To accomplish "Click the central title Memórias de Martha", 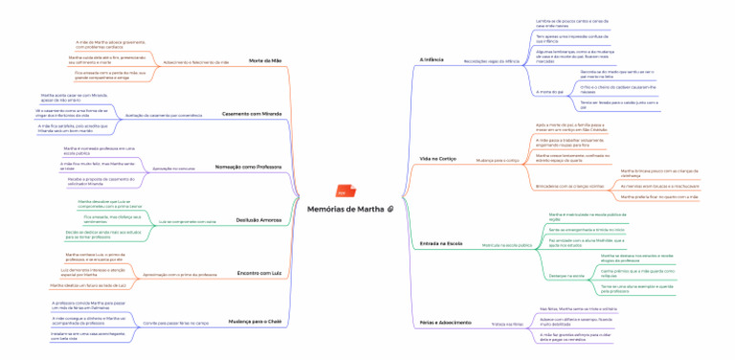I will tap(345, 209).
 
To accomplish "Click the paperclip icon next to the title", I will tap(390, 209).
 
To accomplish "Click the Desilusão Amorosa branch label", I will tap(257, 220).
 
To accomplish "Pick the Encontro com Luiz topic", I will tap(258, 274).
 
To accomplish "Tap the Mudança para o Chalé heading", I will tap(256, 323).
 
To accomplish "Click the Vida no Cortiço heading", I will tap(437, 158).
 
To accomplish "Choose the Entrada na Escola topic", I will tap(440, 244).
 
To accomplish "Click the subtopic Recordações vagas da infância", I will tap(490, 60).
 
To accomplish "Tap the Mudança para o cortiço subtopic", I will tap(498, 159).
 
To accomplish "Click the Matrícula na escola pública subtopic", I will tap(506, 244).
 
